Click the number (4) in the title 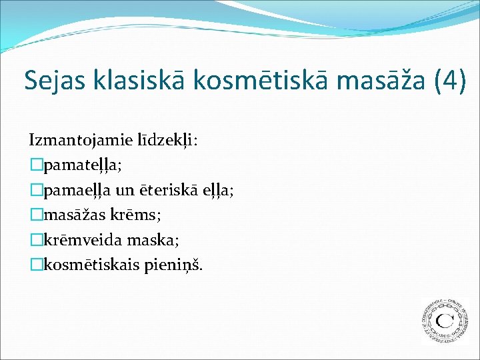tap(448, 80)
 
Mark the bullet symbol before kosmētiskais tap(35, 265)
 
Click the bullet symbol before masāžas tap(35, 215)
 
